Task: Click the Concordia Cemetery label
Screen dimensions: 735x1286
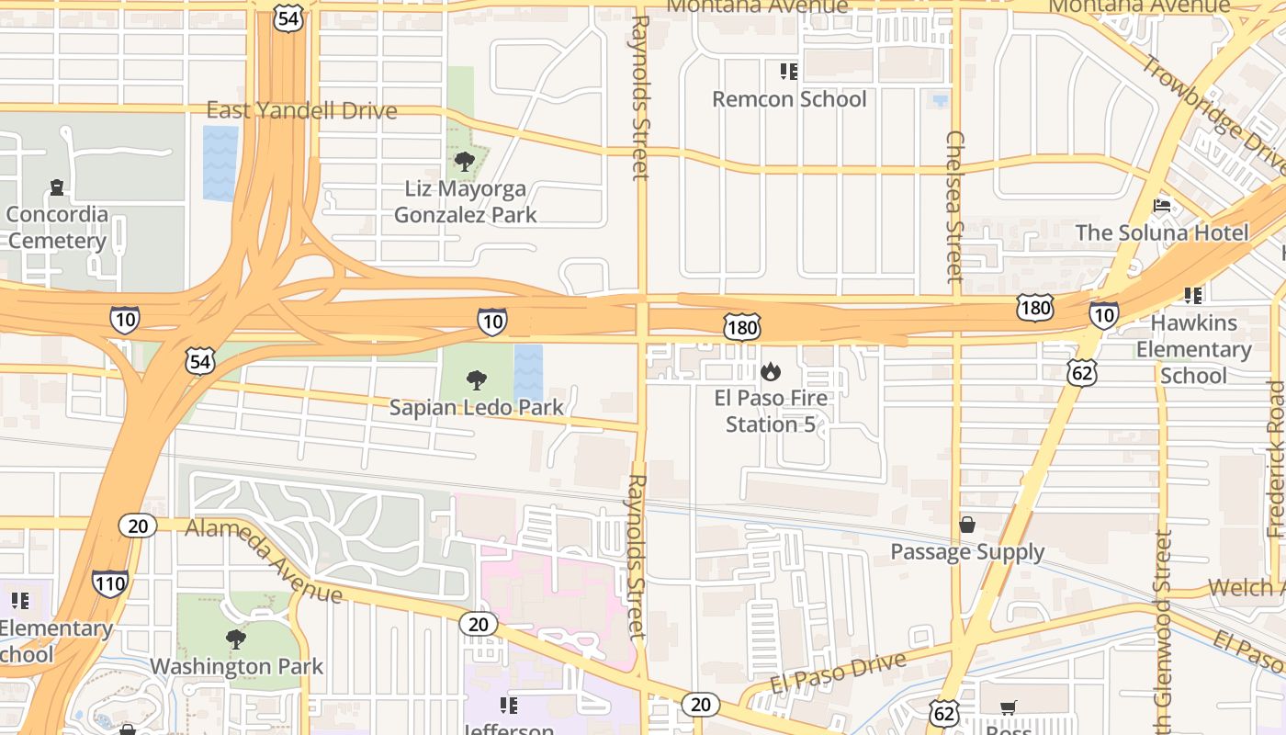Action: pyautogui.click(x=57, y=228)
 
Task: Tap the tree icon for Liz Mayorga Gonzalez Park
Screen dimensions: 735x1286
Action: pyautogui.click(x=465, y=163)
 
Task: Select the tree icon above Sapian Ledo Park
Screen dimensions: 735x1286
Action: pyautogui.click(x=476, y=379)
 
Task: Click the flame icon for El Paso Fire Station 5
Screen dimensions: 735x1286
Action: pyautogui.click(x=770, y=371)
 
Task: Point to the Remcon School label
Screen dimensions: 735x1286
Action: pyautogui.click(x=789, y=99)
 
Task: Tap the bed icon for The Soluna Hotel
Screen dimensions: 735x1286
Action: pyautogui.click(x=1162, y=206)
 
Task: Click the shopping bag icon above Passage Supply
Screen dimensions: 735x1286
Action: pyautogui.click(x=967, y=525)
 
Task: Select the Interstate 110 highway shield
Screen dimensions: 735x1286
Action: pyautogui.click(x=109, y=583)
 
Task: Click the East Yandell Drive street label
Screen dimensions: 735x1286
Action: pyautogui.click(x=301, y=111)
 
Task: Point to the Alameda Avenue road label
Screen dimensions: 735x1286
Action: pyautogui.click(x=264, y=560)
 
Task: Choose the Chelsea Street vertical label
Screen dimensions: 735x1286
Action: pyautogui.click(x=955, y=206)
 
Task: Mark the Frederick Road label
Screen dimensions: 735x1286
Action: pyautogui.click(x=1276, y=459)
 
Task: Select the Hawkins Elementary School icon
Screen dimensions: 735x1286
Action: pyautogui.click(x=1193, y=296)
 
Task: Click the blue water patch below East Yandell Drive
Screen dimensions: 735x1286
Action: pyautogui.click(x=220, y=164)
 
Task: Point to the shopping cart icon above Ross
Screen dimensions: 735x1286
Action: pyautogui.click(x=1009, y=707)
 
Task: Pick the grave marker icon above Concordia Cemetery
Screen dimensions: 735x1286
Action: pyautogui.click(x=57, y=187)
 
